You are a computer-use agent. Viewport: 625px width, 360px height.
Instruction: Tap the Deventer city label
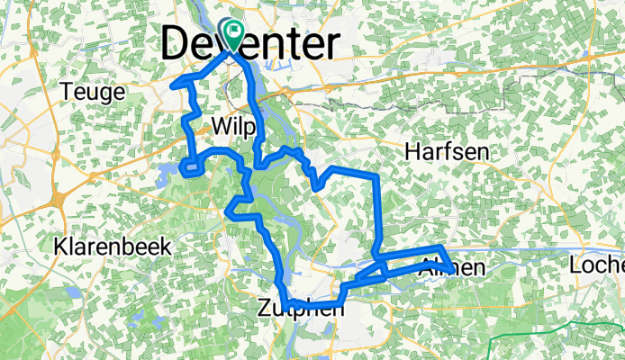coord(252,43)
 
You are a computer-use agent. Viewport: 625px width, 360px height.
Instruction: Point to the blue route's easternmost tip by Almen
coord(450,269)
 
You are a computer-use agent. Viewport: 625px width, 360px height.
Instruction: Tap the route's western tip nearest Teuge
coord(172,86)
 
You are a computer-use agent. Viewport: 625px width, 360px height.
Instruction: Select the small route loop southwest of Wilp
coord(190,165)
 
